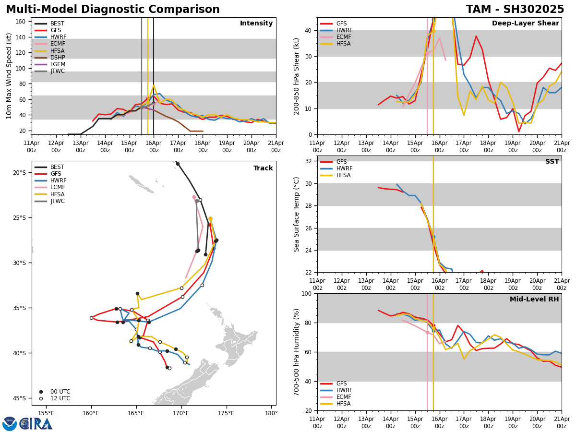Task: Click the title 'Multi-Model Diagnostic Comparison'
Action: coord(113,10)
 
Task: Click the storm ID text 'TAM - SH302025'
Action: coord(515,10)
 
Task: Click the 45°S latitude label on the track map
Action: coord(19,398)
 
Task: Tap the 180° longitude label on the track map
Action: coord(271,413)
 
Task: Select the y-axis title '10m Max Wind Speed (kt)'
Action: coord(9,76)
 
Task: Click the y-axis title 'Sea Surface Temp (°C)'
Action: coord(297,214)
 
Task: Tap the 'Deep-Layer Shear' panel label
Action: coord(525,24)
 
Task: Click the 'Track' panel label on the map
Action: coord(263,168)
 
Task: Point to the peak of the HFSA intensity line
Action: coord(154,85)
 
